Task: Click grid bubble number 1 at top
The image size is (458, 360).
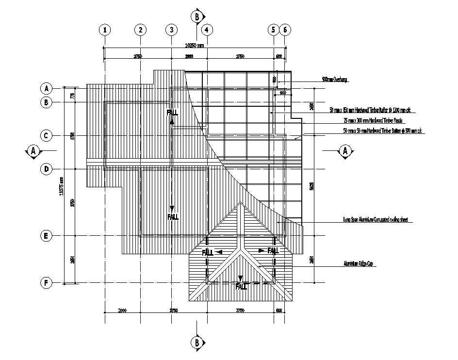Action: [104, 30]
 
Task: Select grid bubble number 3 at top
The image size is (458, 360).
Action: [171, 30]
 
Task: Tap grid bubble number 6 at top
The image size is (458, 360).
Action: [285, 30]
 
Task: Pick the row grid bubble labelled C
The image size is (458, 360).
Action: [46, 135]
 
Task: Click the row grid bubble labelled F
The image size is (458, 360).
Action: [46, 283]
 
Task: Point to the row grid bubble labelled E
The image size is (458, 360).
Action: [46, 236]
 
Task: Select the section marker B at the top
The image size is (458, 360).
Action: [197, 16]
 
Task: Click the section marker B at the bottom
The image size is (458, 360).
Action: [197, 343]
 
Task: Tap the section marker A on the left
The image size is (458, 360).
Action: [33, 151]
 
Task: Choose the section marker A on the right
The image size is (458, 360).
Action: [346, 151]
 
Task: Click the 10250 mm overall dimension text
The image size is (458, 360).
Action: [196, 45]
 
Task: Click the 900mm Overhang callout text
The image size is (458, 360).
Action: [335, 79]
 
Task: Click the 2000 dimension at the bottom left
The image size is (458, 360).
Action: [122, 311]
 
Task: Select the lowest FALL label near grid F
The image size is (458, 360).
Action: [241, 287]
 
